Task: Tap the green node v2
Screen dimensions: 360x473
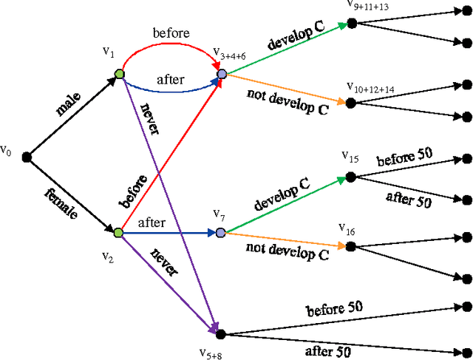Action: pyautogui.click(x=118, y=233)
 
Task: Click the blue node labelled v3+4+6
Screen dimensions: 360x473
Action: pyautogui.click(x=221, y=74)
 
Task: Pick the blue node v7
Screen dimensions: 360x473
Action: pyautogui.click(x=220, y=233)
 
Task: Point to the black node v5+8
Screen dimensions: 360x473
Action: pyautogui.click(x=220, y=314)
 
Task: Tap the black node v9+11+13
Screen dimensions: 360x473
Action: pyautogui.click(x=352, y=24)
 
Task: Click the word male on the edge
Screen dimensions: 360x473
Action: pyautogui.click(x=71, y=105)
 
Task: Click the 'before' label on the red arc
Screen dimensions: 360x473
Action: pyautogui.click(x=171, y=33)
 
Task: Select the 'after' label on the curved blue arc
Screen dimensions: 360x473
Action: pyautogui.click(x=171, y=79)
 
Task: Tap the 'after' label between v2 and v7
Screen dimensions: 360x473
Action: pyautogui.click(x=152, y=222)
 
